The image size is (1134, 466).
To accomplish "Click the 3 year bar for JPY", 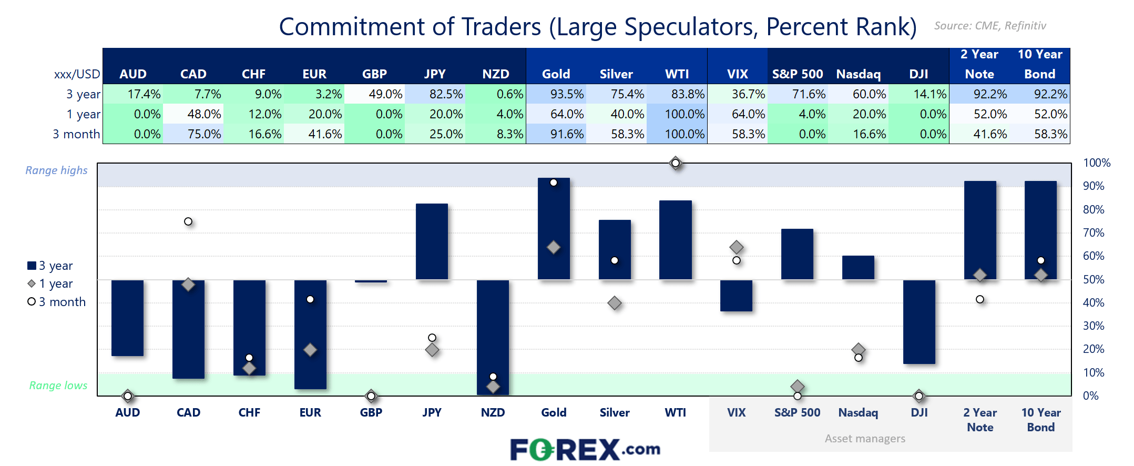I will point(432,241).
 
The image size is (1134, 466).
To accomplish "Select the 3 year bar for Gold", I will point(554,221).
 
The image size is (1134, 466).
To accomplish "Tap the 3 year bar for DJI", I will point(919,321).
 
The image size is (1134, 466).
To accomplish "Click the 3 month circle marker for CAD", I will point(188,221).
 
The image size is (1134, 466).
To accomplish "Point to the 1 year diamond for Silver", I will point(615,303).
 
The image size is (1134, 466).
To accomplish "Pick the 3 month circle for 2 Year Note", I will point(980,299).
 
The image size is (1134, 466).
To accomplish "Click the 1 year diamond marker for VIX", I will point(737,247).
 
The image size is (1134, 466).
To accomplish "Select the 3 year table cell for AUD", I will point(133,94).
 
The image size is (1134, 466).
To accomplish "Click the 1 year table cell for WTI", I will point(677,114).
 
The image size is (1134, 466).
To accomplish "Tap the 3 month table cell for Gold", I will point(556,134).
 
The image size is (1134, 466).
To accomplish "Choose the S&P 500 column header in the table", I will point(798,74).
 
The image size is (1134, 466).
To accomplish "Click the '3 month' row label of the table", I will point(76,134).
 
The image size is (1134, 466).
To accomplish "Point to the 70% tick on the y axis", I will point(1094,232).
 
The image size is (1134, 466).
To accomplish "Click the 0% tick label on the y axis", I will point(1091,396).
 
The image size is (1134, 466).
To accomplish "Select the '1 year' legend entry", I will point(50,284).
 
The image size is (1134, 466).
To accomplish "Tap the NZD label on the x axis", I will point(493,413).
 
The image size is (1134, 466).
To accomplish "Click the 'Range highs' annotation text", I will point(57,170).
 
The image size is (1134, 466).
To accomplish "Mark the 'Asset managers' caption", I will point(865,439).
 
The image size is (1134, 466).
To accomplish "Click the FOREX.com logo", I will point(585,450).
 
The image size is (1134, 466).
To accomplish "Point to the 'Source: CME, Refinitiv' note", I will point(990,26).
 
